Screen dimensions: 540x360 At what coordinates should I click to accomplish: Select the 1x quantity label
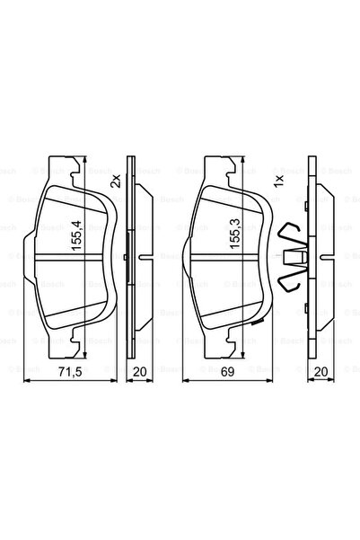point(278,180)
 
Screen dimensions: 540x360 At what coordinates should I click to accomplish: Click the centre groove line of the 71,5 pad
point(54,257)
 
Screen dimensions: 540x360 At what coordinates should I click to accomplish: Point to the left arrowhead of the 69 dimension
point(186,381)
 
